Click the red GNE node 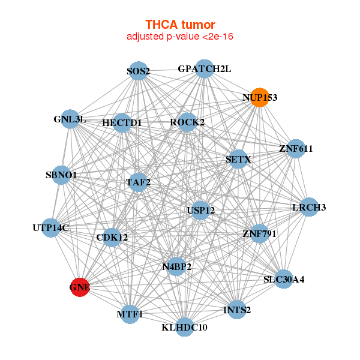pos(80,287)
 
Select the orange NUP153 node pos(260,97)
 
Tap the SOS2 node pos(139,71)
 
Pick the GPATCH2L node pos(205,68)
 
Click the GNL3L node pos(70,119)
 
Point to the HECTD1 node pos(122,122)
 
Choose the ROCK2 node pos(187,122)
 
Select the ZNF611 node pos(296,149)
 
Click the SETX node pos(238,159)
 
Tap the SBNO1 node pos(61,175)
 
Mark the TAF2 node pos(138,182)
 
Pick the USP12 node pos(200,211)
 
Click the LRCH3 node pos(309,207)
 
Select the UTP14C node pos(51,228)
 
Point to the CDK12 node pos(112,238)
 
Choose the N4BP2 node pos(176,266)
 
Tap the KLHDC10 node pos(185,327)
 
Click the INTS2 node pos(237,310)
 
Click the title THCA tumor pos(180,25)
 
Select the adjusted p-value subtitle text pos(180,37)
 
